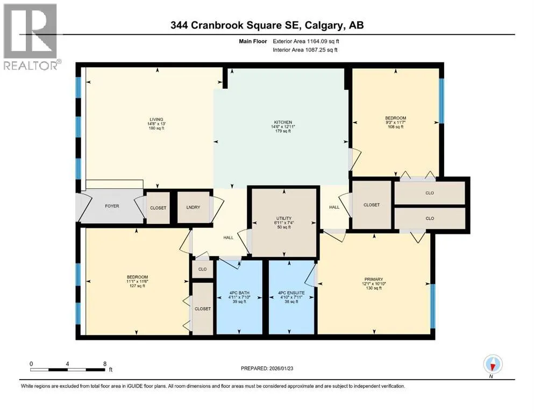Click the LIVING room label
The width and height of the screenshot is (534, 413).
156,119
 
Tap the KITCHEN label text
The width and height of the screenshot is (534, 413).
283,122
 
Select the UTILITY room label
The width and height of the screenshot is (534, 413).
284,218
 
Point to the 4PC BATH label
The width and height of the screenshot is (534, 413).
239,293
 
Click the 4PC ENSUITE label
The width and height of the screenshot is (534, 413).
291,293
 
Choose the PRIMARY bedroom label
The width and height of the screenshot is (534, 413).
374,279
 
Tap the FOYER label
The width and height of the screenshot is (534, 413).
112,206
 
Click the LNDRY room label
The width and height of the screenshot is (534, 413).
193,208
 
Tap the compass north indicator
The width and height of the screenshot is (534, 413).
493,364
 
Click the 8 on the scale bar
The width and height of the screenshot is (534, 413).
105,364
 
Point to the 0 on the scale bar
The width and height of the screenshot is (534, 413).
31,364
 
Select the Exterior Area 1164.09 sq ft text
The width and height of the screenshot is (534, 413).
306,41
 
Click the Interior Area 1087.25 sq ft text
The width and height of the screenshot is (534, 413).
305,49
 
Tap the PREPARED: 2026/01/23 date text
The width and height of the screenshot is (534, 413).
267,368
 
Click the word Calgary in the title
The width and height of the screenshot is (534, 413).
325,25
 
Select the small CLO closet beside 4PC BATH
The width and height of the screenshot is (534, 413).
203,269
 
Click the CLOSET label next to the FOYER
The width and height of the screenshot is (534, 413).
158,208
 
